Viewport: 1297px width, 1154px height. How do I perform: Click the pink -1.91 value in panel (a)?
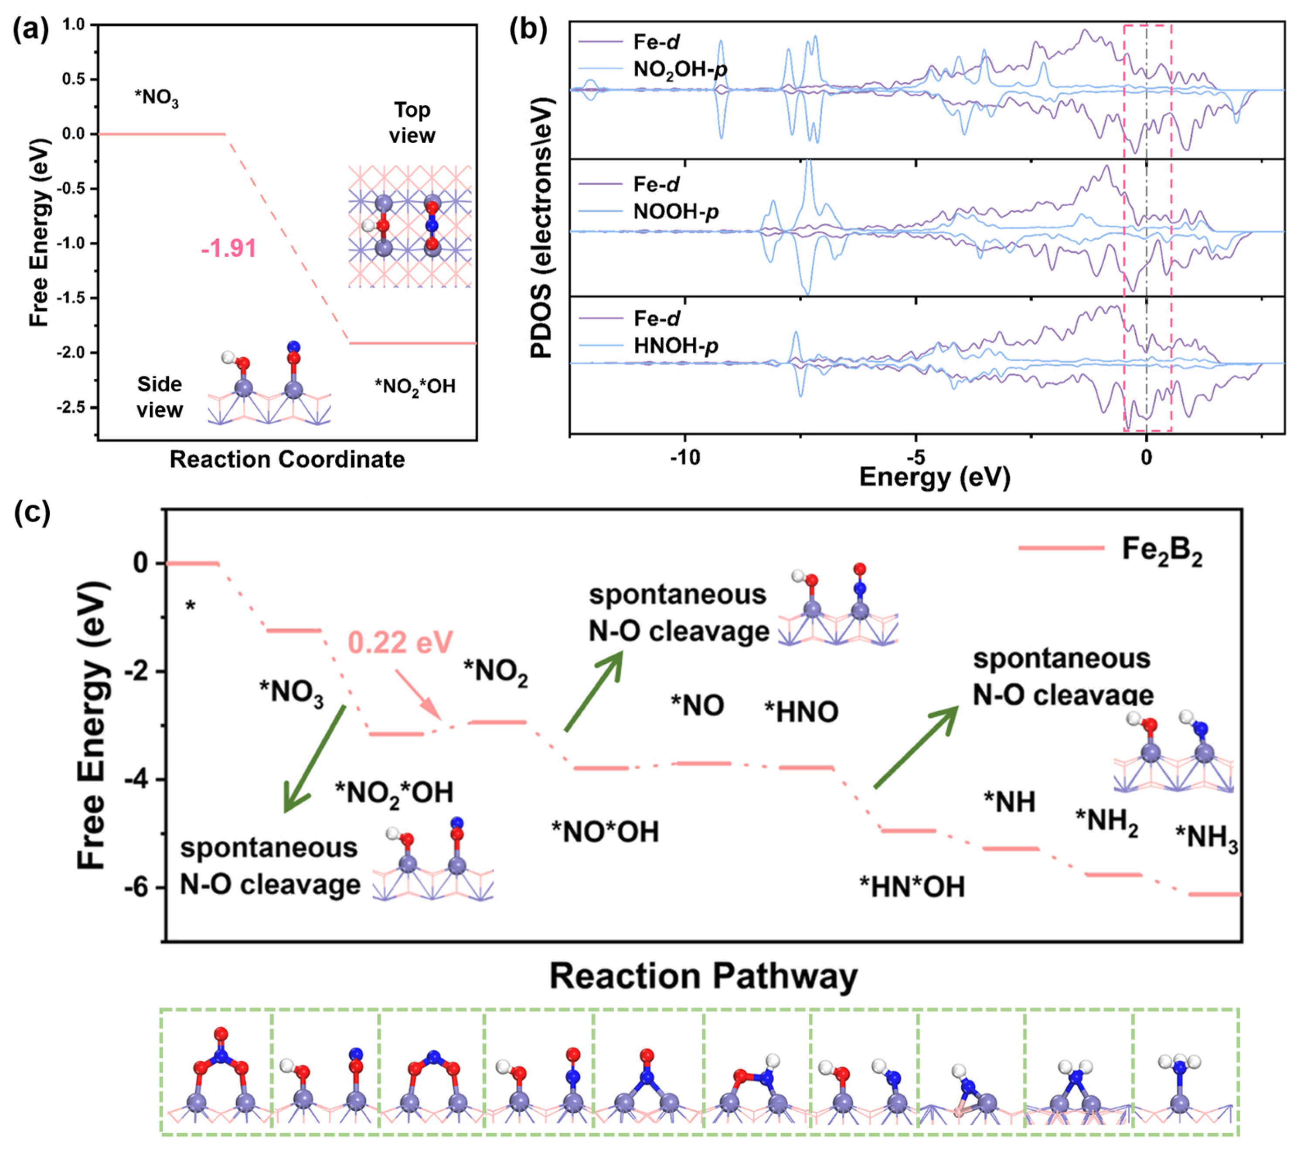[228, 248]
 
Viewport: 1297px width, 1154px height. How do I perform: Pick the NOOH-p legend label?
[675, 211]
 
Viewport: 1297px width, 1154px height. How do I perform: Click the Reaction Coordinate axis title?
[287, 459]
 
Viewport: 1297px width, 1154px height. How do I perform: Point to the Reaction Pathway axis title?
[703, 976]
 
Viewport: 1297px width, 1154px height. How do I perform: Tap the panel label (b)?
[528, 31]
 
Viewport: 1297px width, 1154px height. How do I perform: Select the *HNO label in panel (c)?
[801, 712]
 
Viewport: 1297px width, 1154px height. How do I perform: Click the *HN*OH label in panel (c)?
[912, 887]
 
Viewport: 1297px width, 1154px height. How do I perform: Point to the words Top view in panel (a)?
[412, 122]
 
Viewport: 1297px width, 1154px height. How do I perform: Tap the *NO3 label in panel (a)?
[156, 99]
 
